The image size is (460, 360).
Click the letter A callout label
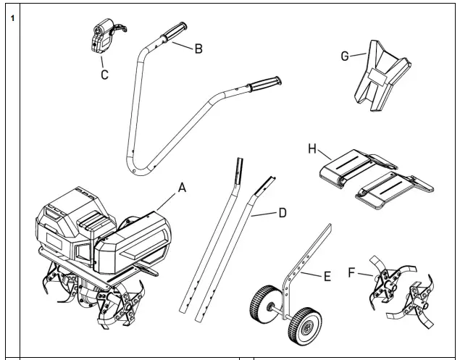coord(183,187)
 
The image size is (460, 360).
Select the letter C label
coord(105,75)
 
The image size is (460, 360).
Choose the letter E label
coord(327,277)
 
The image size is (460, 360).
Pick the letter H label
coord(313,148)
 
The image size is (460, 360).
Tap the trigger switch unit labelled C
coord(101,40)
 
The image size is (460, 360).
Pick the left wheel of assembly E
coord(262,306)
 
